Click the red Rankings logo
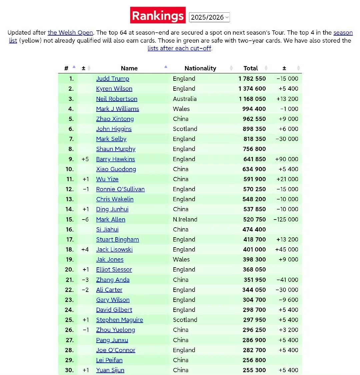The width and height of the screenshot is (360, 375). (158, 15)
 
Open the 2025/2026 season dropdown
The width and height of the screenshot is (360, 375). (209, 17)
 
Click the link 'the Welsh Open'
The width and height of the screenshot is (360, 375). (70, 33)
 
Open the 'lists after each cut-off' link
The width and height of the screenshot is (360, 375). (179, 48)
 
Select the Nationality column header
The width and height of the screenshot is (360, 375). (200, 68)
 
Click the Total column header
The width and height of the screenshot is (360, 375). (251, 68)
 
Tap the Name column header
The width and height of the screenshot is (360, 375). (129, 68)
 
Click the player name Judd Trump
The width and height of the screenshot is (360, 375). (113, 79)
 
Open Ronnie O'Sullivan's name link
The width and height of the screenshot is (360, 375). (120, 189)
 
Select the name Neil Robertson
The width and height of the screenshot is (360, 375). (117, 99)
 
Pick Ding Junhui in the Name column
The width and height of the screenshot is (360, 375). (112, 209)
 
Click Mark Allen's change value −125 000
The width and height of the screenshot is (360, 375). (286, 220)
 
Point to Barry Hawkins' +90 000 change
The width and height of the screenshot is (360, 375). (287, 159)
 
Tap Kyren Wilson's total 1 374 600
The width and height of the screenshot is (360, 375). (252, 89)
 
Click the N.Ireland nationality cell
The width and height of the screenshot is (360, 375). (185, 220)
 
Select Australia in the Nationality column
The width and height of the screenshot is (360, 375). (185, 99)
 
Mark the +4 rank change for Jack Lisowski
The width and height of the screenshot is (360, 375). (85, 250)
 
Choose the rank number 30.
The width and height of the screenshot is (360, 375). (69, 370)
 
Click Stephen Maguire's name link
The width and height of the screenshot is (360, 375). (119, 320)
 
